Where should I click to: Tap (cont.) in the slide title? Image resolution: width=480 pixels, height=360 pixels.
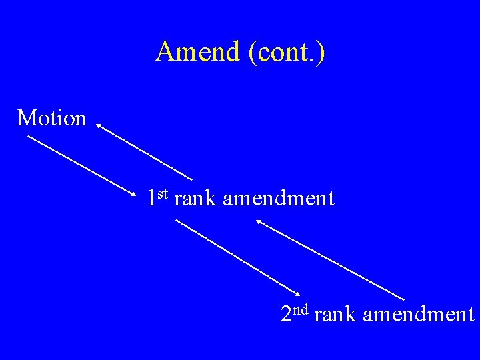pyautogui.click(x=287, y=53)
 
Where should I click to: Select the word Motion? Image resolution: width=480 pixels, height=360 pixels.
pyautogui.click(x=52, y=118)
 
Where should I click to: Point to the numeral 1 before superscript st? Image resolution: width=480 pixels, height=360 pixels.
pyautogui.click(x=152, y=198)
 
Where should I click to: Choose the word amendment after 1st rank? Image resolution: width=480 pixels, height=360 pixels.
pyautogui.click(x=279, y=198)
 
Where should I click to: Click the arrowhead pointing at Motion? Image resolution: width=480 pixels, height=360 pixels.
pyautogui.click(x=98, y=124)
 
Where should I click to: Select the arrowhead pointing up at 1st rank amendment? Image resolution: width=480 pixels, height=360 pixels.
pyautogui.click(x=259, y=223)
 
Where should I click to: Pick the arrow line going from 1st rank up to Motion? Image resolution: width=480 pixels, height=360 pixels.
pyautogui.click(x=145, y=151)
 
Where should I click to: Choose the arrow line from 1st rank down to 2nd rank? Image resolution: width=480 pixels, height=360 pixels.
pyautogui.click(x=237, y=256)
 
